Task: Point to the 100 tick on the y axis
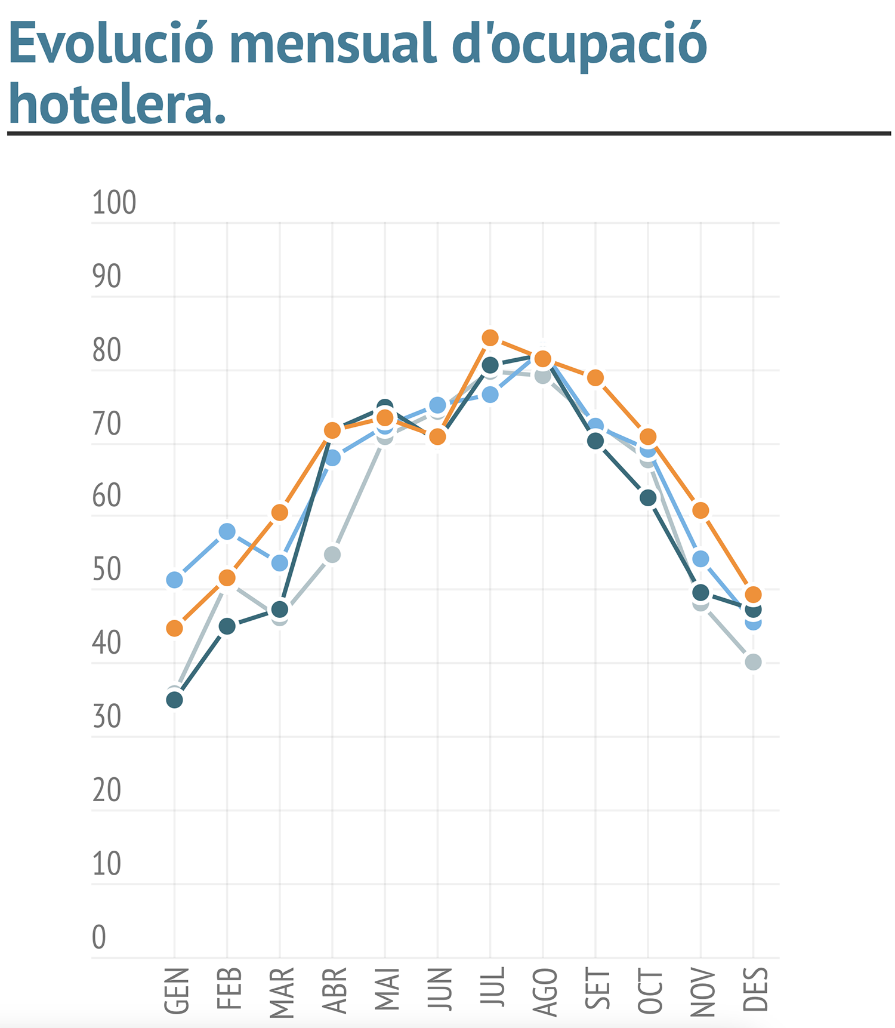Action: coord(114,203)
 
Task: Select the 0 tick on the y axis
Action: coord(99,937)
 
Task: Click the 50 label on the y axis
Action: coord(107,570)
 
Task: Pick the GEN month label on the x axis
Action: coord(177,990)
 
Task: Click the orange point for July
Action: coord(490,338)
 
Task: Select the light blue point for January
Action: coord(174,580)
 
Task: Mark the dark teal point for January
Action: coord(174,700)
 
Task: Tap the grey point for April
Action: coord(332,555)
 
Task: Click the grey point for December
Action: coord(753,662)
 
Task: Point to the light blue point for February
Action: coord(227,531)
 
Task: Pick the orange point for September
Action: coord(595,378)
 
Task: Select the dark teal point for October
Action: coord(648,497)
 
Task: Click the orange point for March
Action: coord(280,512)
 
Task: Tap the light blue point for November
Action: coord(700,559)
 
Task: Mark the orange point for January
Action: coord(174,628)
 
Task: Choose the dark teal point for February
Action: coord(227,626)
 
